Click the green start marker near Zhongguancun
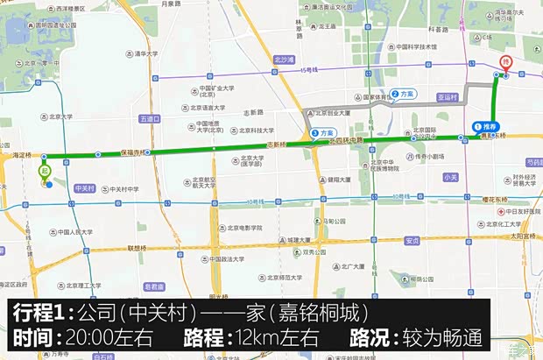click(x=43, y=171)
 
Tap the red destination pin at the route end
click(x=504, y=63)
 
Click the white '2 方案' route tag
click(x=404, y=94)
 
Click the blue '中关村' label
click(x=84, y=187)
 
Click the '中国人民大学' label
click(x=73, y=232)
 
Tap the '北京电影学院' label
click(x=241, y=228)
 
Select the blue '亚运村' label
click(x=448, y=98)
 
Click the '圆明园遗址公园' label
click(x=55, y=25)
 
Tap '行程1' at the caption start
click(x=39, y=314)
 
